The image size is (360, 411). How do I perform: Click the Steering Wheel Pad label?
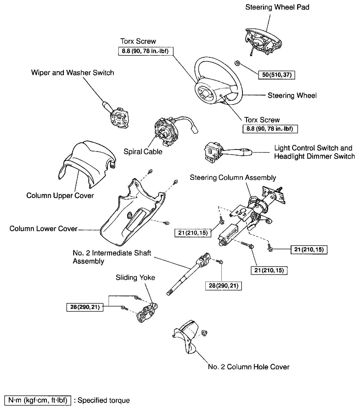[x=277, y=7]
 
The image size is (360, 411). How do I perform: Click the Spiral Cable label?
[x=143, y=151]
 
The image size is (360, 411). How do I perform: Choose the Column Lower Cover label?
[x=43, y=229]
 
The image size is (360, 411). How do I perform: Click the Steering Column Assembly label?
[x=233, y=178]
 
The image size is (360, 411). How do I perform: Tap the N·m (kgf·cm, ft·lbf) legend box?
[x=38, y=400]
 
